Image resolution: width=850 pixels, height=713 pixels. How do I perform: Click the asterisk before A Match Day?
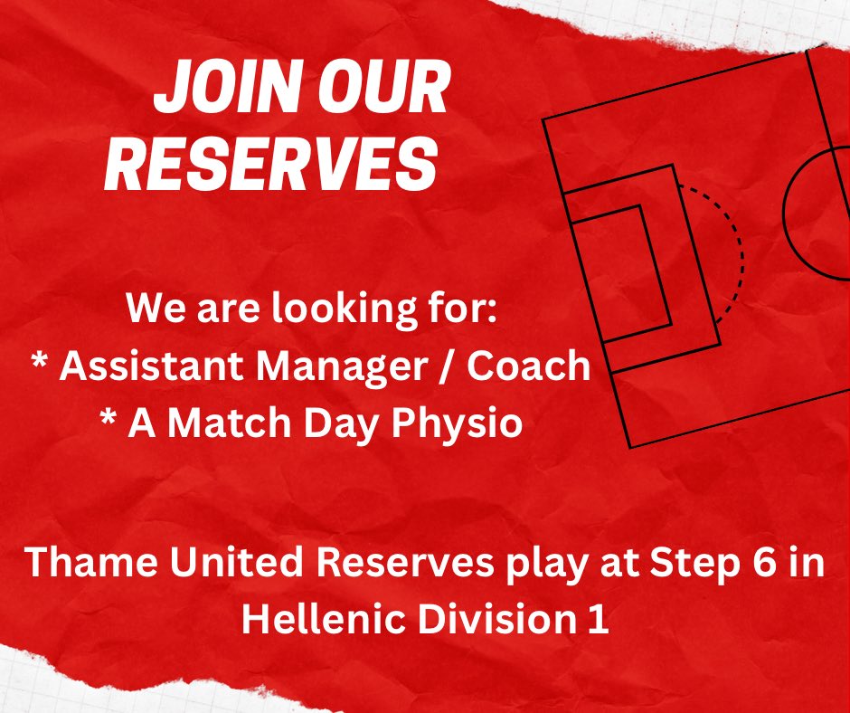click(x=113, y=423)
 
